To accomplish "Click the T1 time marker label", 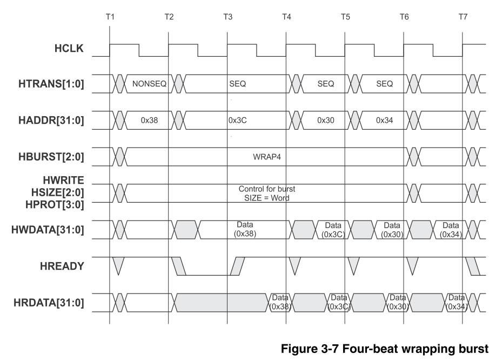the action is [x=110, y=17].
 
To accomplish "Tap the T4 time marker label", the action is [x=286, y=17].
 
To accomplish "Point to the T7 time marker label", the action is [x=463, y=17].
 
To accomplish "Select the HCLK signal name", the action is [x=69, y=48].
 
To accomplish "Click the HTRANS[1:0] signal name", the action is [x=51, y=84].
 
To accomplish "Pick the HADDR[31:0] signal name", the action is [x=51, y=121].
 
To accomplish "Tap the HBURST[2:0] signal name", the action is [x=51, y=157].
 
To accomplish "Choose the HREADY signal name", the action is [x=62, y=266].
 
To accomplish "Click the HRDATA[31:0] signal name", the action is [x=49, y=303].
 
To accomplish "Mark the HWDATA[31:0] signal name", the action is [x=48, y=230].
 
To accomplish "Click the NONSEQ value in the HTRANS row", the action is [x=149, y=84].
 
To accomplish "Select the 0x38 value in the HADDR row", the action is [x=149, y=121].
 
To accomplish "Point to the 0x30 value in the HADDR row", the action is [x=326, y=121].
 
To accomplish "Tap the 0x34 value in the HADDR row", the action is [x=385, y=121].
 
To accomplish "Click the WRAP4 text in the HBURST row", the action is [x=267, y=157].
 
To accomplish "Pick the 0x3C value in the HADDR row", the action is [x=238, y=121].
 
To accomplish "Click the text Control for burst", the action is [x=267, y=189].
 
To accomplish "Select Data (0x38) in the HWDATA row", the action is [x=245, y=229].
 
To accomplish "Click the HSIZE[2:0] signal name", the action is [x=58, y=192].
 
